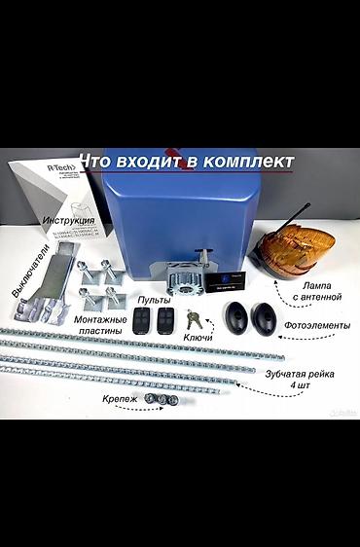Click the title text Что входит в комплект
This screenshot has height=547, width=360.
186,160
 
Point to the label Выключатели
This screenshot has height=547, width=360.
26,273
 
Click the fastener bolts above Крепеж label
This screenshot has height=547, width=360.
158,400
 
